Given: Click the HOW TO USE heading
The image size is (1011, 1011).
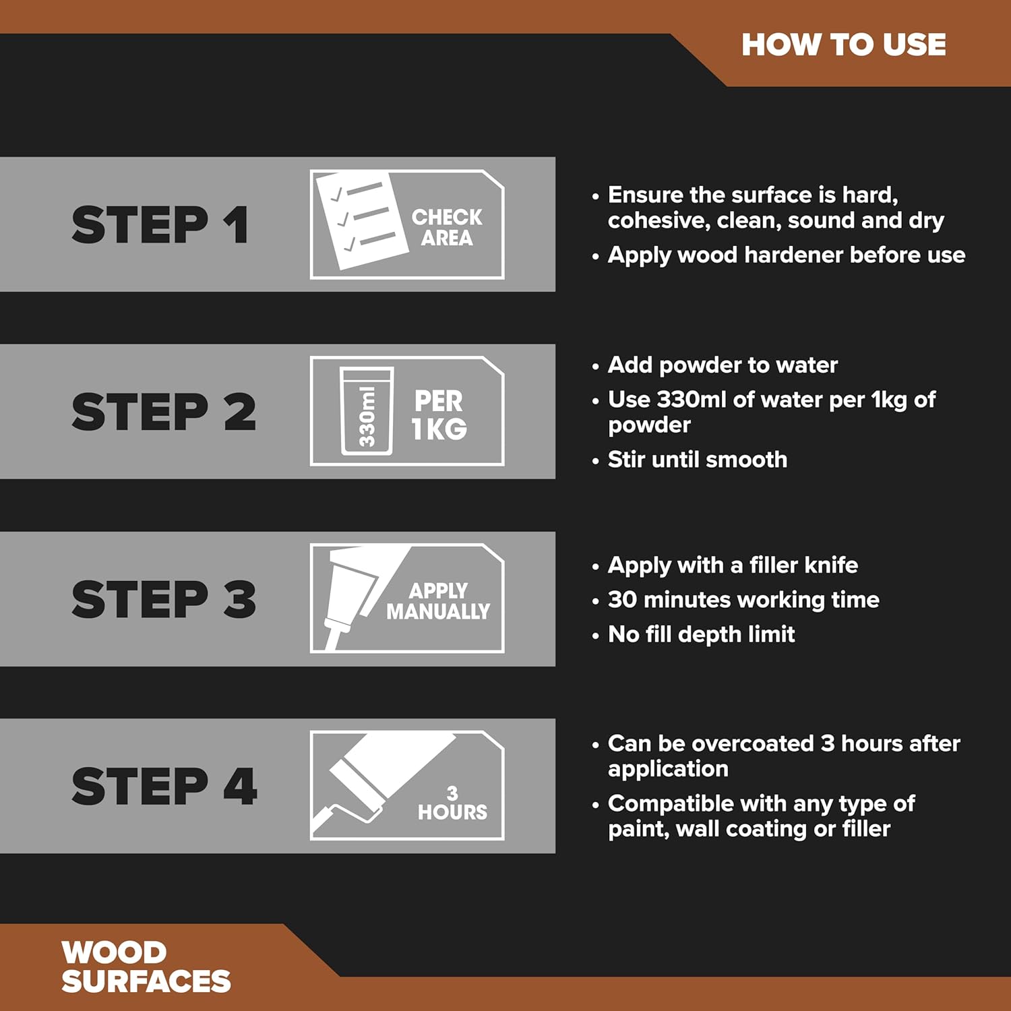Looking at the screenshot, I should click(x=843, y=45).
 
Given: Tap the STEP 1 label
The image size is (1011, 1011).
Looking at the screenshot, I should click(x=160, y=224).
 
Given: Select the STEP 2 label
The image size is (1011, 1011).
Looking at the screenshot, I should click(x=164, y=412).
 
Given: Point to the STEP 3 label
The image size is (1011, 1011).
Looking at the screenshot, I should click(x=164, y=599).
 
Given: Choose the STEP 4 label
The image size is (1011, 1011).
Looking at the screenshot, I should click(x=164, y=786).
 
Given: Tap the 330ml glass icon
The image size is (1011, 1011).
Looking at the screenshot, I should click(x=366, y=411).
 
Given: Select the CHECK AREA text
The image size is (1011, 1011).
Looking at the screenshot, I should click(x=447, y=227).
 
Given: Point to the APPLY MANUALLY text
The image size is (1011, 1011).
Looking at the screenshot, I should click(x=438, y=601).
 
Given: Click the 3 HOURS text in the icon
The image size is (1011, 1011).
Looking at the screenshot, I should click(x=452, y=803).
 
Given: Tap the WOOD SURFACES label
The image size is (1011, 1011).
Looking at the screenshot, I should click(x=146, y=967).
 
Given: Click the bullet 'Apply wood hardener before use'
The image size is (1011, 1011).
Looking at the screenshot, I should click(x=786, y=255).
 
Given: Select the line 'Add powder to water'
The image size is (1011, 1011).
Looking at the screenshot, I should click(x=722, y=365).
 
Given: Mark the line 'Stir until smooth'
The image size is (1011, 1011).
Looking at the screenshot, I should click(x=697, y=460).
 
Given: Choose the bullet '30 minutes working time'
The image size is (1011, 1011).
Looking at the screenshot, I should click(x=743, y=599).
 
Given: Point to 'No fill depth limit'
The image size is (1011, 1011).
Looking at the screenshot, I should click(x=701, y=634).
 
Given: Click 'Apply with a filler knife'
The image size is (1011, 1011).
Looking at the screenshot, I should click(x=733, y=565).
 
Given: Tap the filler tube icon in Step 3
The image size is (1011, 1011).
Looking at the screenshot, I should click(x=350, y=593).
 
